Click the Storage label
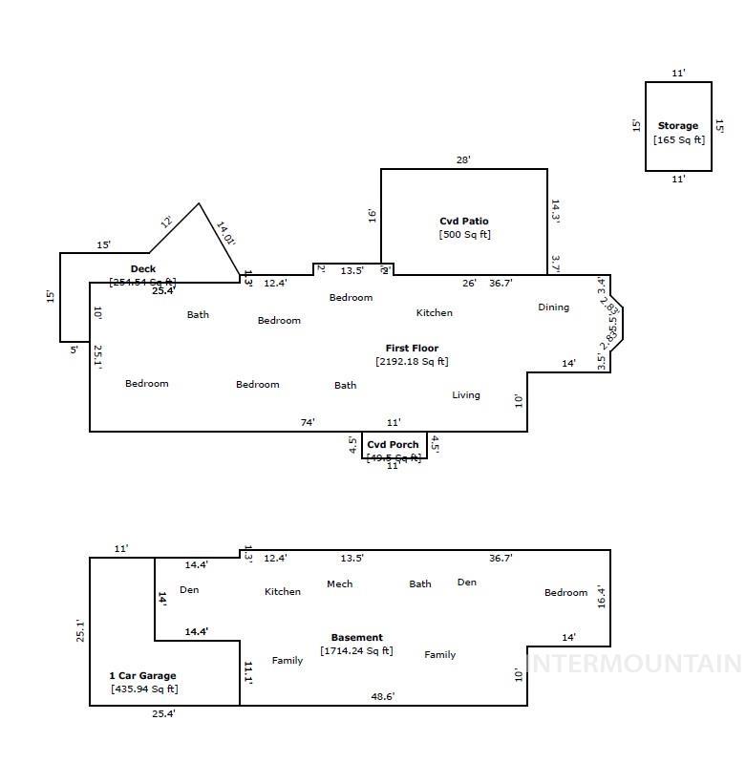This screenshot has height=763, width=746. click(x=678, y=126)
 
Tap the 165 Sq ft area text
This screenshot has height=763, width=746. click(x=678, y=140)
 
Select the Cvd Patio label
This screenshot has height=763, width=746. click(x=464, y=222)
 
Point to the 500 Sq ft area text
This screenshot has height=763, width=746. click(x=464, y=235)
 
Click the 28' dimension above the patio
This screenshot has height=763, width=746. click(x=463, y=160)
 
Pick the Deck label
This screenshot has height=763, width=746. click(x=143, y=269)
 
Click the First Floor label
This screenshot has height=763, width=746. click(x=412, y=349)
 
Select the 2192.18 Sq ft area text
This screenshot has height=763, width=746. click(x=412, y=362)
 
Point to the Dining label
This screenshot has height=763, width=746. click(x=553, y=307)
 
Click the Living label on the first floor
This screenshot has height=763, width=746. click(x=466, y=395)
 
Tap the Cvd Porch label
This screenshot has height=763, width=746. click(x=393, y=445)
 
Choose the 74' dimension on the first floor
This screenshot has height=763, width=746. click(x=308, y=422)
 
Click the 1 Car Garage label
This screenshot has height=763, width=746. click(x=142, y=676)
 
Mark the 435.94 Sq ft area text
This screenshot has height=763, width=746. click(x=144, y=689)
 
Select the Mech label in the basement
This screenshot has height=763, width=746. click(x=339, y=584)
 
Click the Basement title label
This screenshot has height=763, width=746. click(x=356, y=638)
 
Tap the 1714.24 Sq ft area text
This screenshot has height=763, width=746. click(x=356, y=651)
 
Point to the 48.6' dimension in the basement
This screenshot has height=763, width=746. click(x=383, y=697)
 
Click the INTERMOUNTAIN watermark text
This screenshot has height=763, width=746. click(x=634, y=664)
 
